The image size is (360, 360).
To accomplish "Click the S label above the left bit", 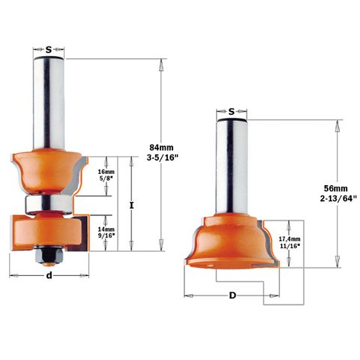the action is [x=49, y=50].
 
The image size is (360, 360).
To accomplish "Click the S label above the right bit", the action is [x=232, y=112].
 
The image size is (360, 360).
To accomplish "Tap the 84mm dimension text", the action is [x=161, y=148].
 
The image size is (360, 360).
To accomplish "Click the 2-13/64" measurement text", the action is [x=338, y=199].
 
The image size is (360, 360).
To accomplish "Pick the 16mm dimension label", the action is [x=106, y=172].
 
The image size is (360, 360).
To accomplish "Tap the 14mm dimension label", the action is [x=106, y=229].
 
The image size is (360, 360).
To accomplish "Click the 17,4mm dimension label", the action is [x=289, y=239].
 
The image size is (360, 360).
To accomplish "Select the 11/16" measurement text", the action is [x=289, y=246].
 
